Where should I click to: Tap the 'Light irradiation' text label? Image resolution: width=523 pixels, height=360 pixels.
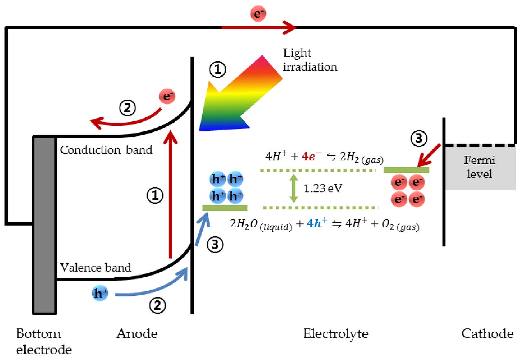[310, 60]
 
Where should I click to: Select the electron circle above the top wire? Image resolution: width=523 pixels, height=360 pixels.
[258, 14]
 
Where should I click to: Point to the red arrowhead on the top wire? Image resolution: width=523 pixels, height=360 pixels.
[289, 27]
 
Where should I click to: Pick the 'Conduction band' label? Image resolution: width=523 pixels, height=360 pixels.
[106, 150]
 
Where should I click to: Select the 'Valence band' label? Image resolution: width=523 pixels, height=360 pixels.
[96, 268]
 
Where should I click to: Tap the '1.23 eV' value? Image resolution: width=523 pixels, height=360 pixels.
[323, 188]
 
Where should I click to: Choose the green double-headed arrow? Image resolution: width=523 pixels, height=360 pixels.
[294, 188]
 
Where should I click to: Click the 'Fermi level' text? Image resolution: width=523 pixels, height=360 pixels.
[479, 167]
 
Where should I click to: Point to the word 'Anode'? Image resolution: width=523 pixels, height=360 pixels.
[137, 334]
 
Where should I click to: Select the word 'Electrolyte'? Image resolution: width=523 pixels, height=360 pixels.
[335, 334]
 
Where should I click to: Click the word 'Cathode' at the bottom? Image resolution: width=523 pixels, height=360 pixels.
[487, 334]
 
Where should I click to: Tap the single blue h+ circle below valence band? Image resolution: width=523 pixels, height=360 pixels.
[100, 293]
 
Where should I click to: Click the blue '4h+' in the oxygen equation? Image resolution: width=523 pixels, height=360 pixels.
[317, 223]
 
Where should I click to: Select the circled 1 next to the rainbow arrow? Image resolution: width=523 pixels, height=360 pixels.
[218, 69]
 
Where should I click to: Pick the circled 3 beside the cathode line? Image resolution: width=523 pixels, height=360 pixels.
[419, 139]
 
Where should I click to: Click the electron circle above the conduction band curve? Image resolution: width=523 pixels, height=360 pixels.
[167, 97]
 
